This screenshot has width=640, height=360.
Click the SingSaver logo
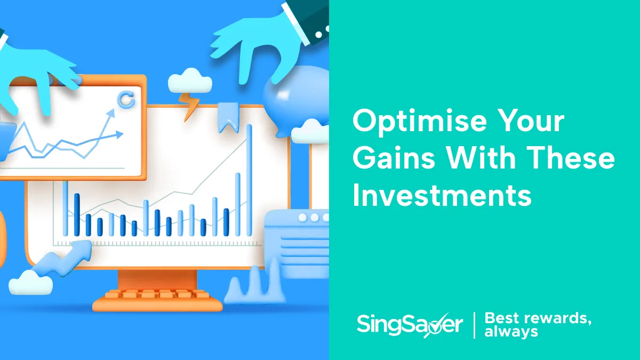tap(409, 324)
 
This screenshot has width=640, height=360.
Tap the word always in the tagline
tap(511, 332)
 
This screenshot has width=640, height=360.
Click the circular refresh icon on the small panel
tap(126, 100)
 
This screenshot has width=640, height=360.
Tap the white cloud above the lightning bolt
tap(190, 82)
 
